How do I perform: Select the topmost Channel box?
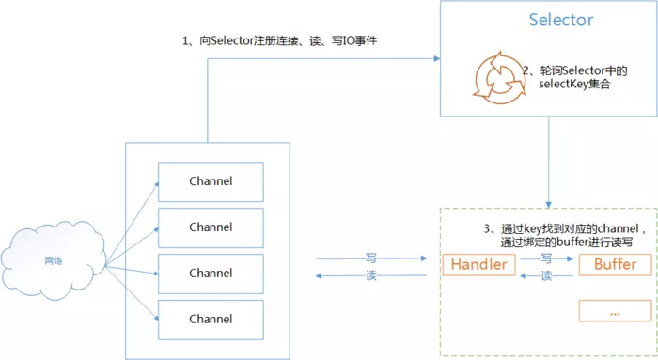[211, 180]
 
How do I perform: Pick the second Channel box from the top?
[211, 227]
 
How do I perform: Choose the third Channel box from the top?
[211, 273]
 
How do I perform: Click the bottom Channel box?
[211, 319]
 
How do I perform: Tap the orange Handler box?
[479, 264]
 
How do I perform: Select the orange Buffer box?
[615, 264]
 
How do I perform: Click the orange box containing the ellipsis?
[615, 309]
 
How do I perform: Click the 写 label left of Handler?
[371, 257]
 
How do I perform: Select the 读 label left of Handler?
[371, 274]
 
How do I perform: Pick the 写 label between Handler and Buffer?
[547, 257]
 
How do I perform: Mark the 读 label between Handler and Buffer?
[547, 274]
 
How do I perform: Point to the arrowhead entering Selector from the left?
[435, 58]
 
